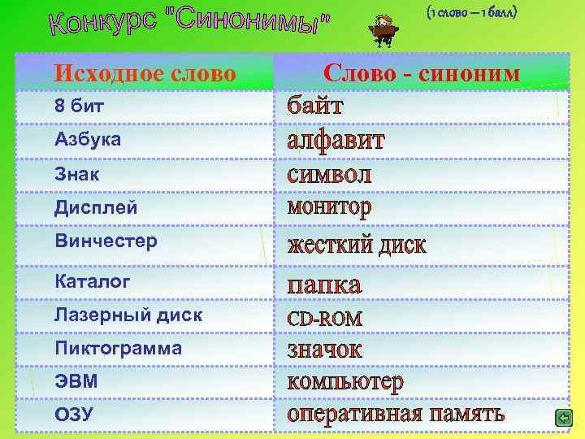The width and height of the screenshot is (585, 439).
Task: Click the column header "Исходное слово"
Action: click(x=145, y=73)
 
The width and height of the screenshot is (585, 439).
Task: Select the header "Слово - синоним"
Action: click(x=421, y=73)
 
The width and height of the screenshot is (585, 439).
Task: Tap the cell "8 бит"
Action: click(x=79, y=106)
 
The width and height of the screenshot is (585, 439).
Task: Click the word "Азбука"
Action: click(x=88, y=139)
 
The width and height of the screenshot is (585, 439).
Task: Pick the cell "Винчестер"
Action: click(x=106, y=241)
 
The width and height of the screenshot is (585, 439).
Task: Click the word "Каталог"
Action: click(x=92, y=281)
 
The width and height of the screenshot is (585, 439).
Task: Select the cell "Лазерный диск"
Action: click(x=128, y=315)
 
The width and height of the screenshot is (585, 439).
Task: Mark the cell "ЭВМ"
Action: click(x=76, y=381)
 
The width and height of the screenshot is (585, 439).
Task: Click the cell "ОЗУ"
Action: click(x=74, y=415)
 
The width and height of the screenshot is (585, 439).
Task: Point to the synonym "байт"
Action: click(x=315, y=106)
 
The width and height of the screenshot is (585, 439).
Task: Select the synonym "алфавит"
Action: click(x=336, y=140)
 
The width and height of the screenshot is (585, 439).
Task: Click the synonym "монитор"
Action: click(x=330, y=207)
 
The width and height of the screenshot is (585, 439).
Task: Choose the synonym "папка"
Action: click(x=325, y=285)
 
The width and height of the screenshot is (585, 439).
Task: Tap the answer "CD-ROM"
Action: click(x=325, y=318)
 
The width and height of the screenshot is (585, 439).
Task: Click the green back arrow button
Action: click(x=563, y=418)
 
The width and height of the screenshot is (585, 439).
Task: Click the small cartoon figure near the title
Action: click(x=381, y=30)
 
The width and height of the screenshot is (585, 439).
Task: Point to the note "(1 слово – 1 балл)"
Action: click(x=471, y=13)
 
